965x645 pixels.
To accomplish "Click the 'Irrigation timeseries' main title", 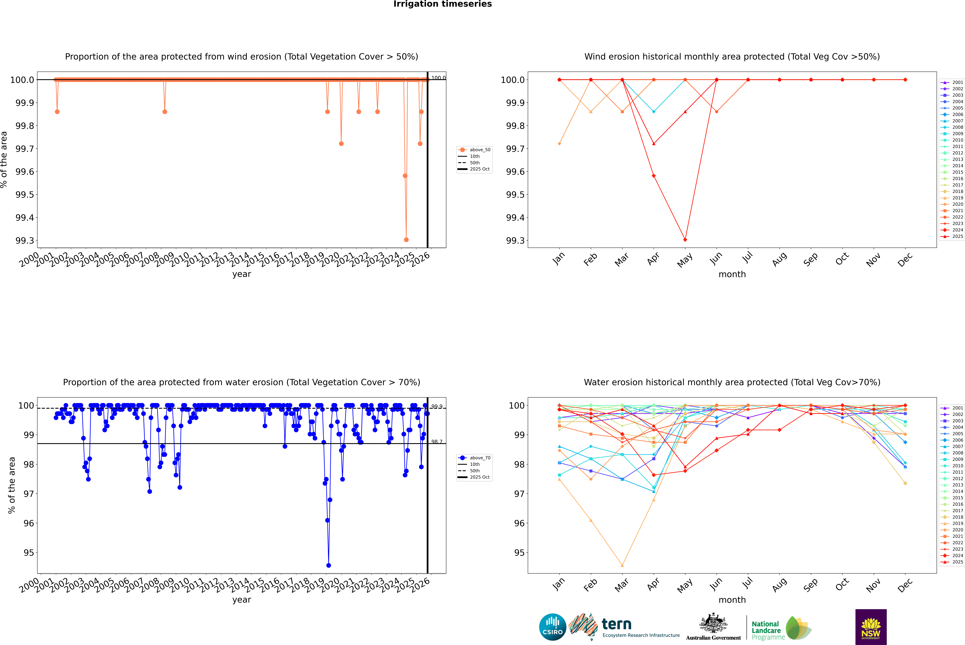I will pos(442,4).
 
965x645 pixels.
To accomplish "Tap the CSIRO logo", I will pos(552,627).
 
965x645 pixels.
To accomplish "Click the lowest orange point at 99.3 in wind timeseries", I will pos(406,240).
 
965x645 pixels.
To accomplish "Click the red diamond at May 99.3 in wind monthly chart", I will pos(685,240).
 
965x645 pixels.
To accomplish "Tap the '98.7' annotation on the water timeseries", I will pos(436,442).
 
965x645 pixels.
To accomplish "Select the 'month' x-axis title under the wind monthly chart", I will pos(732,274).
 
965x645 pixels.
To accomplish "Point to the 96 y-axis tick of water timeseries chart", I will pos(29,523).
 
